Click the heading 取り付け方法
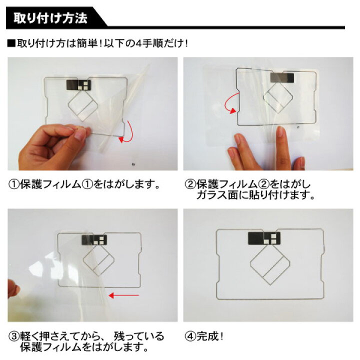[x=50, y=19]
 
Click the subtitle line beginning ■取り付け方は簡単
[x=97, y=43]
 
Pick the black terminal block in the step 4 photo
[x=264, y=238]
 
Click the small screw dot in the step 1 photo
[x=132, y=163]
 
